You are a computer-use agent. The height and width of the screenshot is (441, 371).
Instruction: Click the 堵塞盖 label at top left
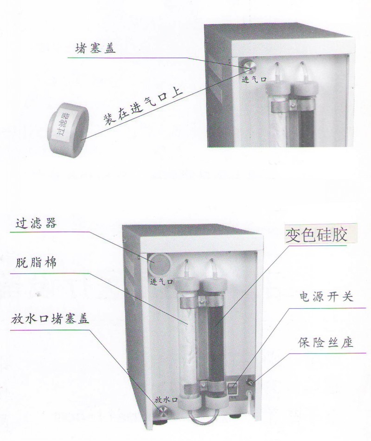coord(95,48)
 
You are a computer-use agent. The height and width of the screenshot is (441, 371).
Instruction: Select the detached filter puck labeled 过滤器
coord(68,129)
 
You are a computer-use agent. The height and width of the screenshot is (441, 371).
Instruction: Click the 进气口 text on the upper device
coord(254,79)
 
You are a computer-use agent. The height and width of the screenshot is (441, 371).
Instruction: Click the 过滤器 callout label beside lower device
coord(36,223)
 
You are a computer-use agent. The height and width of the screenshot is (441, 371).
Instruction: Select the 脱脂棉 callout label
coord(36,263)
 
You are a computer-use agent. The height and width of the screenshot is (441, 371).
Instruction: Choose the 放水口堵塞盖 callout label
coord(50,319)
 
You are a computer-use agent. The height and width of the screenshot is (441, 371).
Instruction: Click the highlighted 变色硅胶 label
coord(316,234)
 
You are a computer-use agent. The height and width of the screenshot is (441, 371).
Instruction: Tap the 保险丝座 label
coord(326,342)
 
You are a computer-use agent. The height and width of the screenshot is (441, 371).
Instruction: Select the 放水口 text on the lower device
coord(166,400)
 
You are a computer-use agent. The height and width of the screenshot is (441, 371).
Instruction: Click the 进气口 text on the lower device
coord(161,281)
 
